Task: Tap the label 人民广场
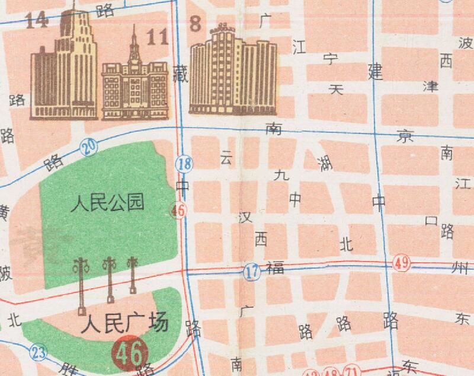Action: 125,323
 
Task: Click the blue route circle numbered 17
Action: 252,273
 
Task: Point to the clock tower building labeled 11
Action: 133,82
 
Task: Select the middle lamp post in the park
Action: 109,279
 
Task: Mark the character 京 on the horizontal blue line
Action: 405,136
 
